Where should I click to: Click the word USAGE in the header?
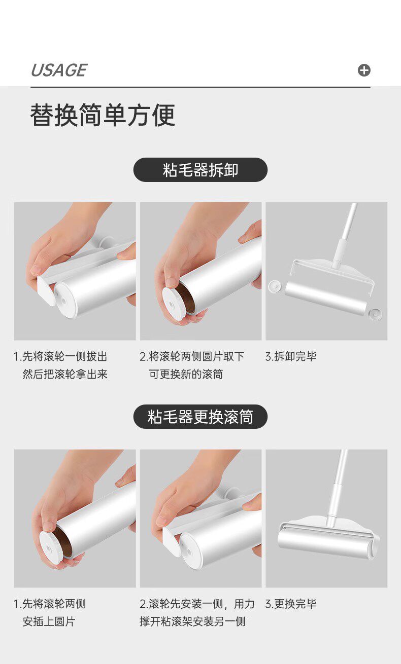(59, 70)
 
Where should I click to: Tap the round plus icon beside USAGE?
(364, 70)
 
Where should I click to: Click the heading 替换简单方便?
(103, 115)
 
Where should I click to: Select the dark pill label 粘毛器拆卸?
(200, 170)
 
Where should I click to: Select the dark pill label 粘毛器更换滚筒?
(200, 417)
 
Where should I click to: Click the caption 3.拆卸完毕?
(291, 356)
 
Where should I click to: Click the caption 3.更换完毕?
(291, 604)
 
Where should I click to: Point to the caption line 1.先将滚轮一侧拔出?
(60, 356)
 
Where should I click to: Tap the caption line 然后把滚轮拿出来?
(65, 375)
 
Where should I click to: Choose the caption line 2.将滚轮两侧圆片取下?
(192, 356)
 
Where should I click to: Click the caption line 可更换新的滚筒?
(186, 375)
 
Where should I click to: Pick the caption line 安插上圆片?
(49, 621)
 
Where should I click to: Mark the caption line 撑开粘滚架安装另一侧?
(192, 621)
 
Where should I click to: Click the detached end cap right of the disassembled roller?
(375, 314)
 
